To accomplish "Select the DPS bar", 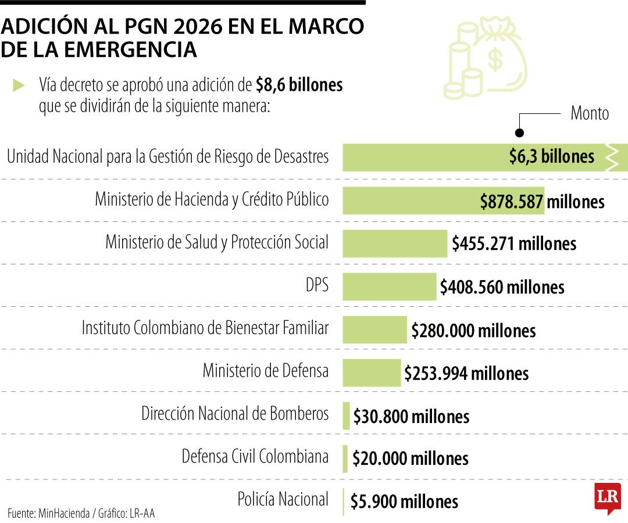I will point(389,286).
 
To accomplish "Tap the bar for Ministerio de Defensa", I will point(372,372).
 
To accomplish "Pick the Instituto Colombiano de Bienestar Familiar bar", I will point(374,329).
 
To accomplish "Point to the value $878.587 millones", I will point(542,202).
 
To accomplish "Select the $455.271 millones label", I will point(514,244).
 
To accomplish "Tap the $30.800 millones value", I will point(411,416).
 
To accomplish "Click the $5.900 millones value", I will point(404,501).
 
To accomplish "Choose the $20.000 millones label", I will point(410,458).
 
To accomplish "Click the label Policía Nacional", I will point(283,499).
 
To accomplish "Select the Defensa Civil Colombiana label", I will point(255,457).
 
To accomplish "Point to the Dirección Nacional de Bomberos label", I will point(235,414).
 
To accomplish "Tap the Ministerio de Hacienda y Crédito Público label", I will point(212,199).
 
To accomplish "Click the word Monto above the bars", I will point(589,113).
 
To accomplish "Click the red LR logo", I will point(607,497).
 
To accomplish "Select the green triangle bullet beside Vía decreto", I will point(19,85).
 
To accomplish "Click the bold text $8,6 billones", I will point(299,85).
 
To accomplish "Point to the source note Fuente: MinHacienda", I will point(81,513).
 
